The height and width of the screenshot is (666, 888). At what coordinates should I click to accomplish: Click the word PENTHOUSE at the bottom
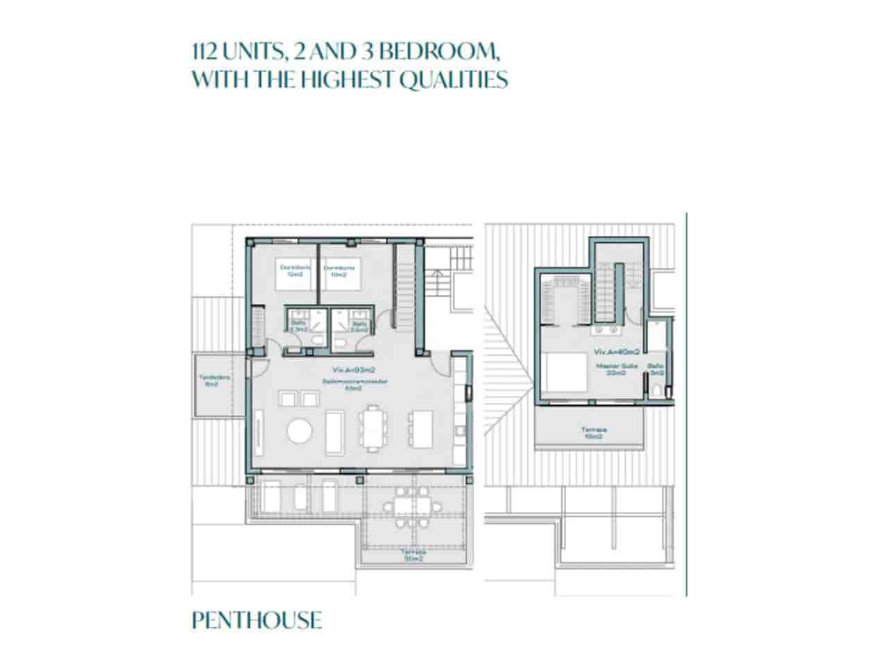pos(257,620)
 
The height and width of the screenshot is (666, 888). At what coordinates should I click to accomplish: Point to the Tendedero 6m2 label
pos(214,381)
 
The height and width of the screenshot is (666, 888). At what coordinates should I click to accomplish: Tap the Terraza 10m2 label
pos(592,433)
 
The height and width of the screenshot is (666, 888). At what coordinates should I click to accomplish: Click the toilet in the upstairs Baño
pos(656,390)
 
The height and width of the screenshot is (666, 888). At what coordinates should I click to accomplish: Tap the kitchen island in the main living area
pos(422,429)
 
